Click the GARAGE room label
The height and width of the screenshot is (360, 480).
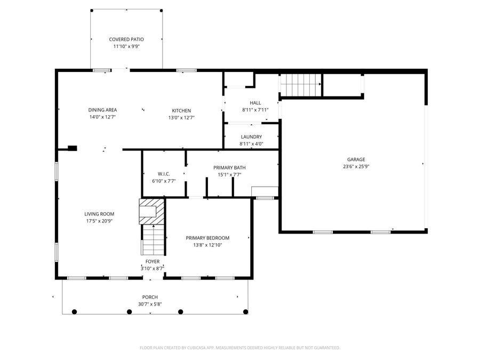tap(356, 159)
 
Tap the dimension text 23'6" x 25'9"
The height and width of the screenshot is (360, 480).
tap(356, 166)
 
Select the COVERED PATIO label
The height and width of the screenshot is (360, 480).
tap(126, 39)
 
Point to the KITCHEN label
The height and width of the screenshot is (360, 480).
tap(181, 110)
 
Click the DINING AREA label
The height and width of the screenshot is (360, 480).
tap(102, 110)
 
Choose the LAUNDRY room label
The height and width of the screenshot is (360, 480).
tap(251, 137)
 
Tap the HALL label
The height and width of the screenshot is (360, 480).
tap(255, 103)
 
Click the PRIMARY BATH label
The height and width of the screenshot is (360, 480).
tap(229, 167)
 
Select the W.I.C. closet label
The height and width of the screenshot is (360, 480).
tap(164, 174)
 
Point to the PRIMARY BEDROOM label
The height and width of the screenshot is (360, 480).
tap(207, 238)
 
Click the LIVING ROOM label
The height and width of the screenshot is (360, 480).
tap(99, 214)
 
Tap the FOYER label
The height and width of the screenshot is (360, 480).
tap(153, 262)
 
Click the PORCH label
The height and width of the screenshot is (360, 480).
tap(150, 297)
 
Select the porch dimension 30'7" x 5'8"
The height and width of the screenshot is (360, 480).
tap(150, 305)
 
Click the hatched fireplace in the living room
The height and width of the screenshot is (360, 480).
tap(151, 211)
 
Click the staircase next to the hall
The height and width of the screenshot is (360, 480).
tap(301, 84)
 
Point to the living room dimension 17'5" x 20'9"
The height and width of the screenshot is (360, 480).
tap(99, 221)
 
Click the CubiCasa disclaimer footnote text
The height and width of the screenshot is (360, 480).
tap(239, 348)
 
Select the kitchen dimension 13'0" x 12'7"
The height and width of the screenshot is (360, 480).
tap(181, 117)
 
